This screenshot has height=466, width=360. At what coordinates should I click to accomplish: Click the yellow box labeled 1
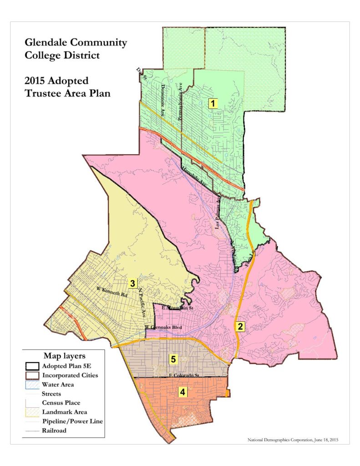tap(212, 103)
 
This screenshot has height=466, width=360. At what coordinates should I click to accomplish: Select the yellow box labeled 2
tap(240, 326)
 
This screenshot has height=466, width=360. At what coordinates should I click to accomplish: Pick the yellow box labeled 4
tap(182, 391)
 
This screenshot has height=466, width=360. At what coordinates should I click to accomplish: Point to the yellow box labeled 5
tap(173, 359)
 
